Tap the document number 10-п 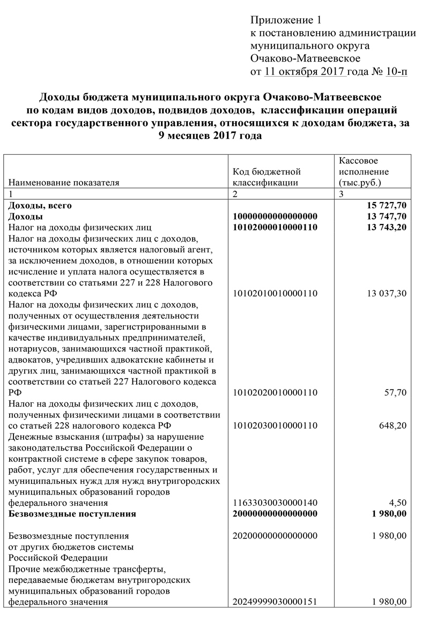click(396, 71)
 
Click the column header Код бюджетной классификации click(267, 177)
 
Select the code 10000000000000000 click(275, 216)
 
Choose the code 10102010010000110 click(275, 294)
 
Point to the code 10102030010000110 click(275, 426)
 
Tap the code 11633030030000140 click(275, 503)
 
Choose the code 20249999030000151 click(275, 602)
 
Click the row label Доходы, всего click(40, 205)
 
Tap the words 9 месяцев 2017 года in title click(210, 136)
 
